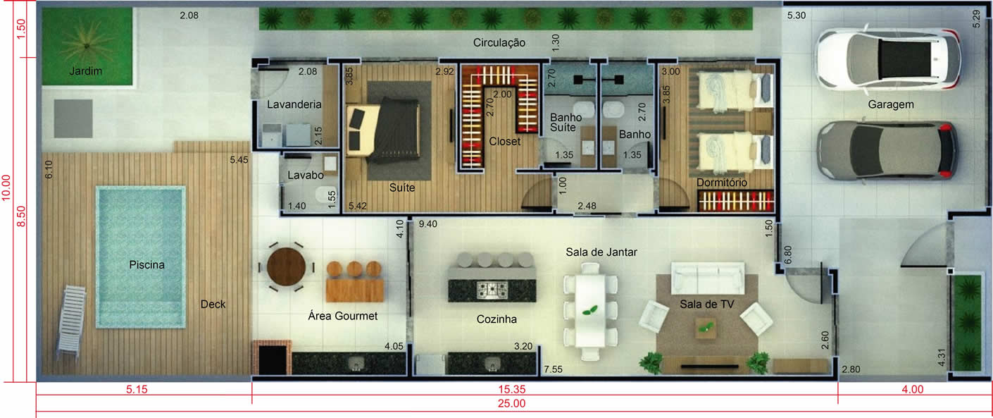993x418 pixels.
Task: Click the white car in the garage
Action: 888,59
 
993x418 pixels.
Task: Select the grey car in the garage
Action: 887,150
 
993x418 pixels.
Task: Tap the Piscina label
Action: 146,265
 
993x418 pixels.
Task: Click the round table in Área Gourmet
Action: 287,266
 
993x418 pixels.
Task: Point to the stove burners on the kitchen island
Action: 492,290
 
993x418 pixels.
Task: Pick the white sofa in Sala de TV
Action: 708,278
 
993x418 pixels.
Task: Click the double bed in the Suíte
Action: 382,130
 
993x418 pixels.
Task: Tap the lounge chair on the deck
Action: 71,321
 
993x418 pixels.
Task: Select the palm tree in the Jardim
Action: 87,45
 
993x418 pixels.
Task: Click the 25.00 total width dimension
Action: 511,403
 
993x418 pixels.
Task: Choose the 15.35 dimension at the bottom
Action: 511,390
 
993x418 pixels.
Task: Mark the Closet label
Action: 504,142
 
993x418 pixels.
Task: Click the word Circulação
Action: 499,42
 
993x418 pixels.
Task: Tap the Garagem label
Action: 891,104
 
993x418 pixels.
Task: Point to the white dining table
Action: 590,311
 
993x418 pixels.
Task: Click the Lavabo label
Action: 306,176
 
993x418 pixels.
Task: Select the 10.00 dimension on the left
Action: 6,188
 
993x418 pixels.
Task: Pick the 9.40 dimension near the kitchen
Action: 427,224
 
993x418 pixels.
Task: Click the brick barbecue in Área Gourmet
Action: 272,357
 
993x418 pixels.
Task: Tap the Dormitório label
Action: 722,183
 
